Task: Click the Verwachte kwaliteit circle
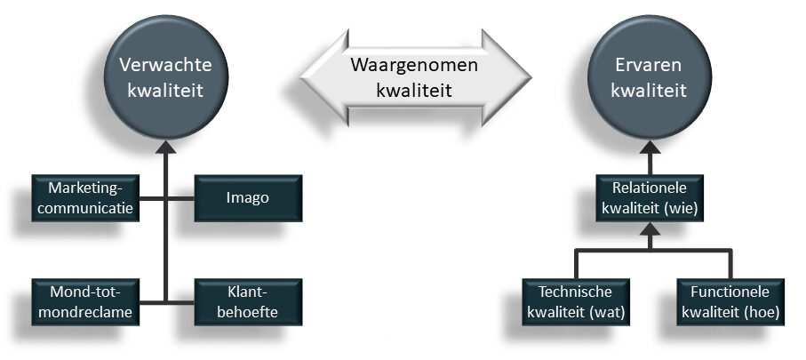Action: (x=164, y=79)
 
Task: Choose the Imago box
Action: (x=247, y=197)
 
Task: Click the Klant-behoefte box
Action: (x=247, y=300)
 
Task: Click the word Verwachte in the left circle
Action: (x=164, y=67)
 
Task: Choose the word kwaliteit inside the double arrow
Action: (x=412, y=90)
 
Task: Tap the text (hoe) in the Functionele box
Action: (x=763, y=311)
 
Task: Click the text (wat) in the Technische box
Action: (x=608, y=311)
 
